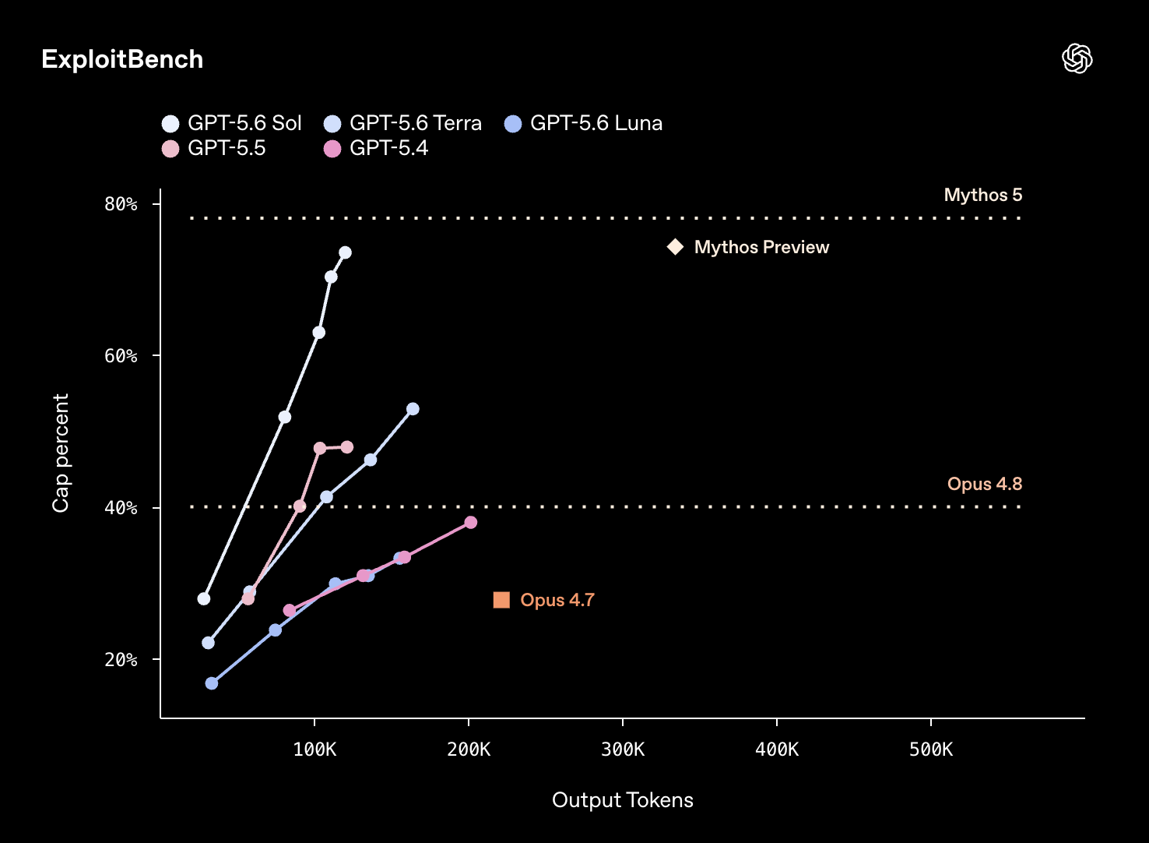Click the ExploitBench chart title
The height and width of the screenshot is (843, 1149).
coord(122,59)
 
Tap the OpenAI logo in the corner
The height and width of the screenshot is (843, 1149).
coord(1077,58)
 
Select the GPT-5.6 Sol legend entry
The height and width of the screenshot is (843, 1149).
coord(231,123)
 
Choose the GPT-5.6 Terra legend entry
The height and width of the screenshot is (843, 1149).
coord(403,123)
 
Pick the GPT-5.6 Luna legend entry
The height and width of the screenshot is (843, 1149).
coord(584,123)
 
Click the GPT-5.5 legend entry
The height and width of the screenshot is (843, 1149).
coord(213,148)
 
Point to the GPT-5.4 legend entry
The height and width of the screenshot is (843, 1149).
coord(376,148)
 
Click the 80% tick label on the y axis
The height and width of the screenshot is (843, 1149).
coord(121,204)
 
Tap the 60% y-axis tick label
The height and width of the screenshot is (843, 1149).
coord(121,356)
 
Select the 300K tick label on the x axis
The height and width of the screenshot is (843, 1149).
coord(623,750)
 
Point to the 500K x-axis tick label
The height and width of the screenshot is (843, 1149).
coord(931,750)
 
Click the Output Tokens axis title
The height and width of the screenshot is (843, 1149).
coord(623,800)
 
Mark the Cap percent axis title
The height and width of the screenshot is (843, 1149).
coord(61,453)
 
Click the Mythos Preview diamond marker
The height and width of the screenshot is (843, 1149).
coord(675,247)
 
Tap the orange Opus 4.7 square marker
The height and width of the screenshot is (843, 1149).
coord(501,600)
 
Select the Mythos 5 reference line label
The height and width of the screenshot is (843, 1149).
coord(983,195)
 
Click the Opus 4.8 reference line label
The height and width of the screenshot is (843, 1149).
coord(985,484)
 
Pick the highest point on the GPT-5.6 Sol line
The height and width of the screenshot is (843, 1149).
coord(345,252)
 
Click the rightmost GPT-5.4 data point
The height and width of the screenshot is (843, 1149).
coord(470,523)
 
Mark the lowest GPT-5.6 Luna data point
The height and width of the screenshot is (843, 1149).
coord(211,683)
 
